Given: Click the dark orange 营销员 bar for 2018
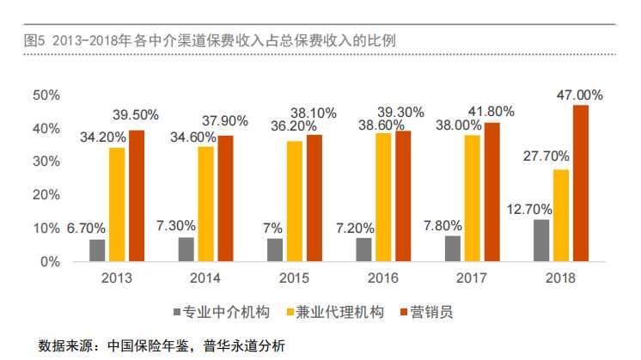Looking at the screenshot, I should (x=581, y=183).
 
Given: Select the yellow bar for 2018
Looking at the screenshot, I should (x=560, y=216).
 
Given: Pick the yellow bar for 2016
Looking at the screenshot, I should (x=383, y=198).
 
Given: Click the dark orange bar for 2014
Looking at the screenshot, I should (x=226, y=198).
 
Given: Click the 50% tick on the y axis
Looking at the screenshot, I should (x=46, y=95).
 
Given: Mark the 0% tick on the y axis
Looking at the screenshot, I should (x=50, y=261).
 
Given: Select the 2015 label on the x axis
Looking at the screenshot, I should (x=295, y=278).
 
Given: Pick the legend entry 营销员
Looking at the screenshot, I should (x=427, y=311).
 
